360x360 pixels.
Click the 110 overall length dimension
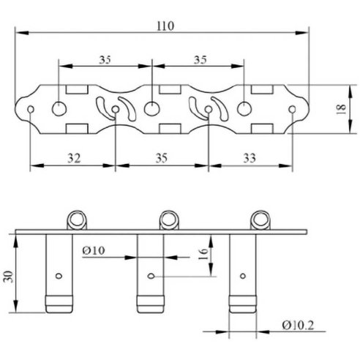point(165,26)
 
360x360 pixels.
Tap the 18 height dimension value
point(342,109)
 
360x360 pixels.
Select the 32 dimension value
point(74,158)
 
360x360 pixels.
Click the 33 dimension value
point(250,158)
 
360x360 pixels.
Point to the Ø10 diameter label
point(94,250)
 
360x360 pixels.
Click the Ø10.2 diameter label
point(298,325)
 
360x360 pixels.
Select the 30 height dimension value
point(9,277)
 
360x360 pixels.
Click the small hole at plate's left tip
point(31,109)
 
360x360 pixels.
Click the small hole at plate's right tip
point(292,109)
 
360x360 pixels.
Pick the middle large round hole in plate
point(151,109)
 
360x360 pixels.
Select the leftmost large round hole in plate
point(59,109)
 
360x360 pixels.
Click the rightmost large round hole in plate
point(244,109)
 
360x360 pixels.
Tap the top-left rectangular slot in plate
point(77,89)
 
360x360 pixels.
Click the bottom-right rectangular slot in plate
point(262,129)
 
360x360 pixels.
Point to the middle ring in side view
point(169,220)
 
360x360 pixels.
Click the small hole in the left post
point(59,276)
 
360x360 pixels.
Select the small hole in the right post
point(243,276)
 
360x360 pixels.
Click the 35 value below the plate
point(162,158)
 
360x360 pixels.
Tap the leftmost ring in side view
point(77,220)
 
